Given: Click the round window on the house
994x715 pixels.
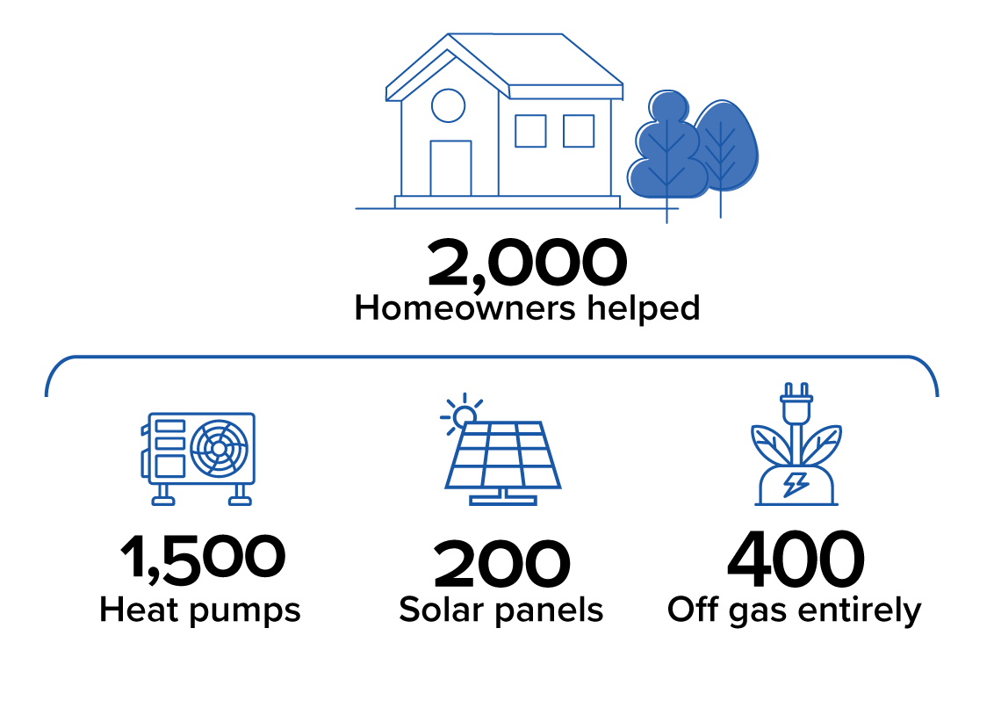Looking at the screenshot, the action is (x=448, y=105).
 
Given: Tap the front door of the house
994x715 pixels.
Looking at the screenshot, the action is (x=450, y=169).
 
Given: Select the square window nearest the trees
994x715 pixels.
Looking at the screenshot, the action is (x=579, y=131).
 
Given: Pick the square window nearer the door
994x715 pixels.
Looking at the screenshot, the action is (x=530, y=131).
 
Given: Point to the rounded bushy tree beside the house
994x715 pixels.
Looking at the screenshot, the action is (x=668, y=149).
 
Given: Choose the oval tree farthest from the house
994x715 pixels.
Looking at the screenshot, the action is (x=725, y=145).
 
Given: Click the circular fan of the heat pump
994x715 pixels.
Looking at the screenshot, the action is (x=219, y=449).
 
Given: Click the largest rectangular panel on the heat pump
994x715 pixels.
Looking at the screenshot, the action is (x=169, y=466).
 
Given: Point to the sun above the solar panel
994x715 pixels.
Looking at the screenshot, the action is (x=465, y=416).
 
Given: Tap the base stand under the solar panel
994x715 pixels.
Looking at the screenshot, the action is (x=503, y=500).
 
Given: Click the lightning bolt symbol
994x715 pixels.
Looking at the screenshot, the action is (x=796, y=484).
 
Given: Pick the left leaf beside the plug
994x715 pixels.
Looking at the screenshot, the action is (x=770, y=444).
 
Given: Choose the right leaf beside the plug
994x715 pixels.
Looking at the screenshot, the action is (x=822, y=444).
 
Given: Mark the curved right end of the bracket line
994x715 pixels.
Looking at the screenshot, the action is (x=932, y=373).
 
